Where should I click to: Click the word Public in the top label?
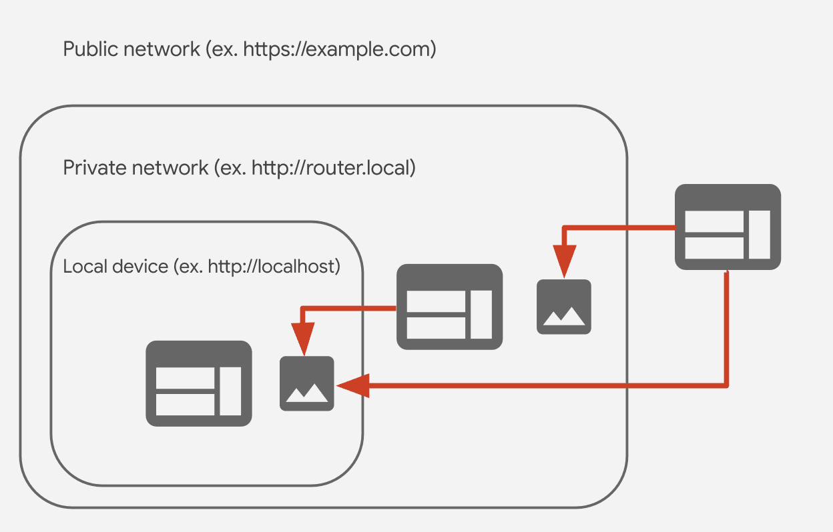tap(85, 49)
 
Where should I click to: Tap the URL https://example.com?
tap(338, 49)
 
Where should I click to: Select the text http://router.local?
tap(333, 167)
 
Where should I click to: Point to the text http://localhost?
tap(274, 267)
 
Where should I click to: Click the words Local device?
tap(115, 267)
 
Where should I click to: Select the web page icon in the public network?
tap(728, 227)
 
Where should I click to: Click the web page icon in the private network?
tap(449, 307)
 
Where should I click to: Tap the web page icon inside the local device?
tap(199, 383)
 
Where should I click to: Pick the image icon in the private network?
tap(564, 307)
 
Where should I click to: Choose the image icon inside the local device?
tap(306, 383)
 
